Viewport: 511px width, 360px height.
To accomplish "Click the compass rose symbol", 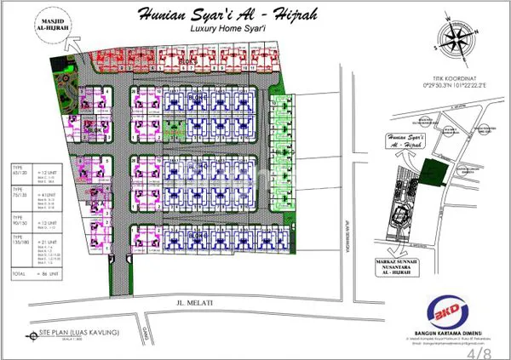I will (x=455, y=44).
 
